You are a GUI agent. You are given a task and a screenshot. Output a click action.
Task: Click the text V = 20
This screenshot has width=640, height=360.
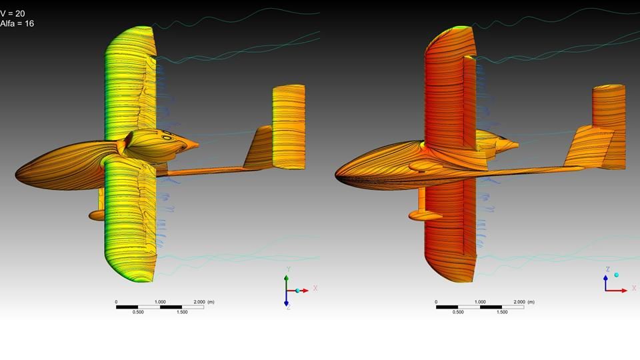coord(13,13)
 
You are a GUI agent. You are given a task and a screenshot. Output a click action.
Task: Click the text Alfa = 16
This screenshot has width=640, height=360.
coord(17,24)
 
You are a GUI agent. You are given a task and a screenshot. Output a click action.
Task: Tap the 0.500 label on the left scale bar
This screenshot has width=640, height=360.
coord(138,312)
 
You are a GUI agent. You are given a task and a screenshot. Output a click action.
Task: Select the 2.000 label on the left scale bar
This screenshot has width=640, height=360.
coord(199,302)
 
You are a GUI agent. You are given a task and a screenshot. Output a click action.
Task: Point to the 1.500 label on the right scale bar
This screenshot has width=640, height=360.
coord(502,312)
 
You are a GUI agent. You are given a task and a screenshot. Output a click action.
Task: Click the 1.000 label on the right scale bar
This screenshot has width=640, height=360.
coord(480,302)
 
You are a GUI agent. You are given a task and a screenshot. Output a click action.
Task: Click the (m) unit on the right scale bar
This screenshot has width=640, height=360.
coord(531,302)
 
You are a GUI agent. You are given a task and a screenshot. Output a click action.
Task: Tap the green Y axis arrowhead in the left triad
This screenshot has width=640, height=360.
coord(287,278)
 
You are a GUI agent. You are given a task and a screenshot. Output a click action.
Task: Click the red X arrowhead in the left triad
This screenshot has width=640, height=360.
coord(305,291)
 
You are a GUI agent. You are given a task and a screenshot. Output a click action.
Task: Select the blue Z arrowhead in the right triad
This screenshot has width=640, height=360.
coord(606,277)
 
